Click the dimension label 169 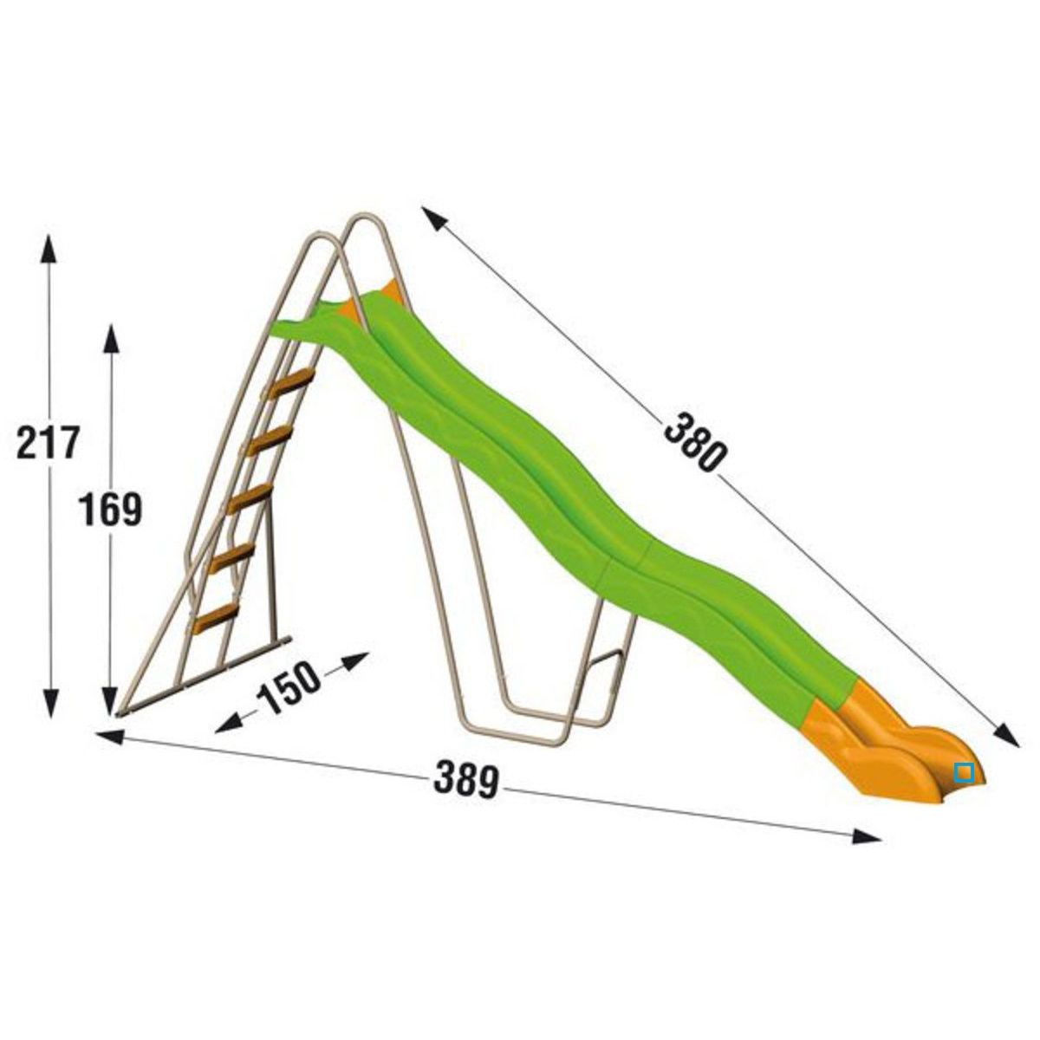pyautogui.click(x=110, y=509)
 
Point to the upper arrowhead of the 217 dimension pyautogui.click(x=49, y=248)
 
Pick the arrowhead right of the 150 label pyautogui.click(x=355, y=660)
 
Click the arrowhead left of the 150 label pyautogui.click(x=228, y=722)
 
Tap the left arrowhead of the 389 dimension pyautogui.click(x=109, y=736)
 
